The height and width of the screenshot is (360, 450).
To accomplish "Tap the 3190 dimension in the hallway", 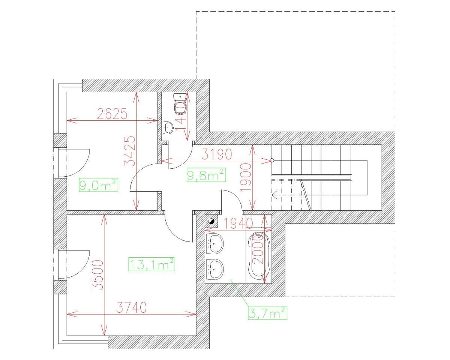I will (x=218, y=154).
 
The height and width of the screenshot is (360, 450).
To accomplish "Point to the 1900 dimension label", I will (x=246, y=177).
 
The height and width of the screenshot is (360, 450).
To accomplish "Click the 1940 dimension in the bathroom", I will (x=239, y=223).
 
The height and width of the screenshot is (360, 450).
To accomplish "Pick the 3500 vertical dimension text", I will (x=97, y=274).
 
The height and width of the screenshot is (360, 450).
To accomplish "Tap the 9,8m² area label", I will (x=206, y=175).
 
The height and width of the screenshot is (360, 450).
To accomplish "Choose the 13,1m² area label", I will (x=151, y=264).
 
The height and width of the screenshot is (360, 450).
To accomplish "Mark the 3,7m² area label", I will (x=267, y=312).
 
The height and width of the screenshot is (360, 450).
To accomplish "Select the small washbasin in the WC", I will (x=168, y=128).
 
